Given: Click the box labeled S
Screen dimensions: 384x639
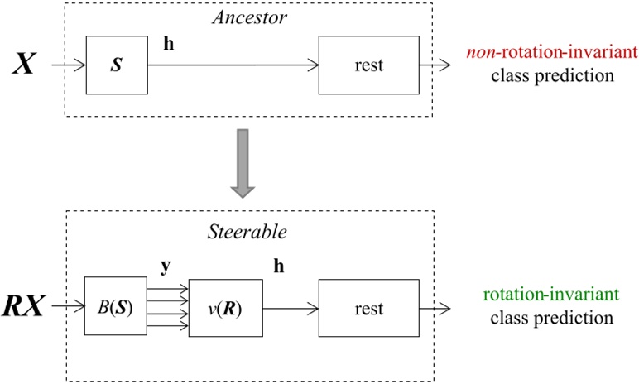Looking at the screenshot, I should [x=117, y=65].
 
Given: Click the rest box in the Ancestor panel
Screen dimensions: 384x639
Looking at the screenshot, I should [x=369, y=65].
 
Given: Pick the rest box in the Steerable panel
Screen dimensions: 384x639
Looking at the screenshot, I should [x=369, y=309].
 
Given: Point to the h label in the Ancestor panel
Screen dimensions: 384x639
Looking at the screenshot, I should [x=169, y=43].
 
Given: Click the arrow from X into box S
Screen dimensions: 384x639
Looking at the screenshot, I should [x=69, y=65].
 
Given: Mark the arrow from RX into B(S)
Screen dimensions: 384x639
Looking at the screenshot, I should [x=69, y=309].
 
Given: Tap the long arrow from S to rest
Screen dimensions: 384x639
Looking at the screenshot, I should [x=233, y=65].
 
